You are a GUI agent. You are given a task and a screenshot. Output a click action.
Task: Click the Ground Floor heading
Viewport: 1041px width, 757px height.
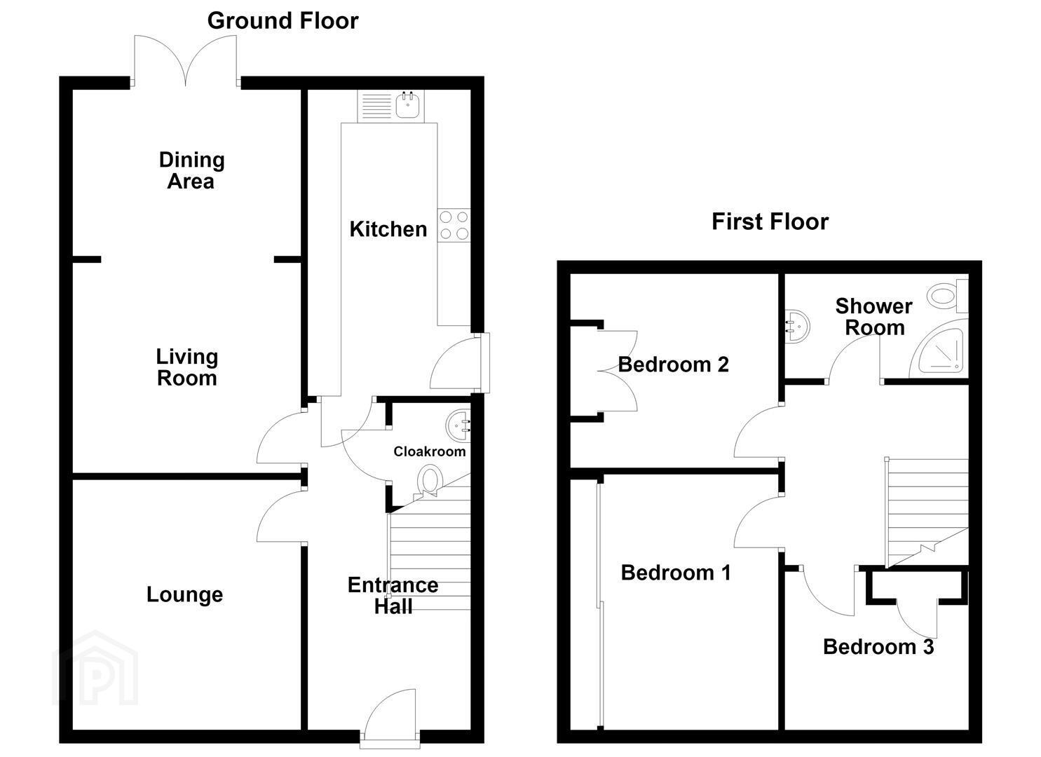click(x=283, y=21)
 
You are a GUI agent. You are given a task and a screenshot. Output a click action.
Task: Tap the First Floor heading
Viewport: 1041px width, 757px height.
click(x=770, y=221)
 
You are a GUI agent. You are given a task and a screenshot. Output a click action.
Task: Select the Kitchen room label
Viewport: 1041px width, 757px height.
click(x=388, y=230)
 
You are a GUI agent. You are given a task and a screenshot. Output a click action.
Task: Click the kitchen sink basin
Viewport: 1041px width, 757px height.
click(x=407, y=104)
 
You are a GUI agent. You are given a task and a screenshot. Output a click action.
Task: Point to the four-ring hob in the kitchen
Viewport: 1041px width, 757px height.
click(x=454, y=226)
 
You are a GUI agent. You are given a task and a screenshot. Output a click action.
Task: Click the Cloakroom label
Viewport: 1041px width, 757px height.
click(x=430, y=451)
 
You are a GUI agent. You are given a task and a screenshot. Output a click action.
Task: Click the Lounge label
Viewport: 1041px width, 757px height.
click(x=184, y=595)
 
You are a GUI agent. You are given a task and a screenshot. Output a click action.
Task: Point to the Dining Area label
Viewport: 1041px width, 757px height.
click(x=191, y=170)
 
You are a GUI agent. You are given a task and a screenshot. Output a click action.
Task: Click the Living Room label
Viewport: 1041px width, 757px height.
click(x=187, y=367)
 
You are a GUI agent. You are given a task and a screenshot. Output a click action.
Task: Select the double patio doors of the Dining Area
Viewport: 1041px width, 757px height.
click(x=186, y=61)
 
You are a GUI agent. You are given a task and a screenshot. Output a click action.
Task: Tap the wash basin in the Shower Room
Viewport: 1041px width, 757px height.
click(x=797, y=326)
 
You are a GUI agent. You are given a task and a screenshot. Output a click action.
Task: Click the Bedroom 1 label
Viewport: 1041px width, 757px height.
click(x=676, y=573)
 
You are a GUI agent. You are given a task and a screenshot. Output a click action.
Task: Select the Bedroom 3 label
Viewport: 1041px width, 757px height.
click(x=878, y=647)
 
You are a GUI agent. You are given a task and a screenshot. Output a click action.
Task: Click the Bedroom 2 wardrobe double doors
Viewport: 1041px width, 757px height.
click(x=617, y=371)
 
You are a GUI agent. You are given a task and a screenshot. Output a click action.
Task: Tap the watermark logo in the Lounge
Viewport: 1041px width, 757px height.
click(x=95, y=668)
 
